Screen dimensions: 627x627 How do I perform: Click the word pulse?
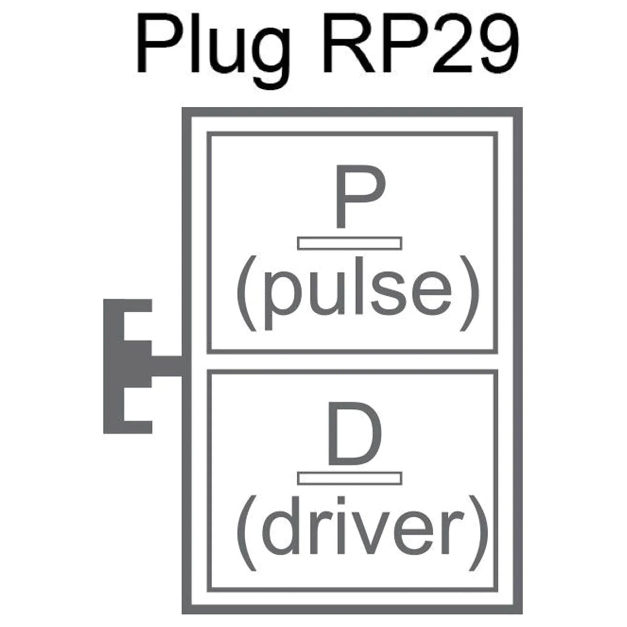tap(357, 293)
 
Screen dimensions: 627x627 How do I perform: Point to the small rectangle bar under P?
tap(350, 243)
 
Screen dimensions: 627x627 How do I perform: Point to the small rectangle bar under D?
tap(350, 478)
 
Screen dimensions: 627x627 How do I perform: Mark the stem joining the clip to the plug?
tap(167, 366)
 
